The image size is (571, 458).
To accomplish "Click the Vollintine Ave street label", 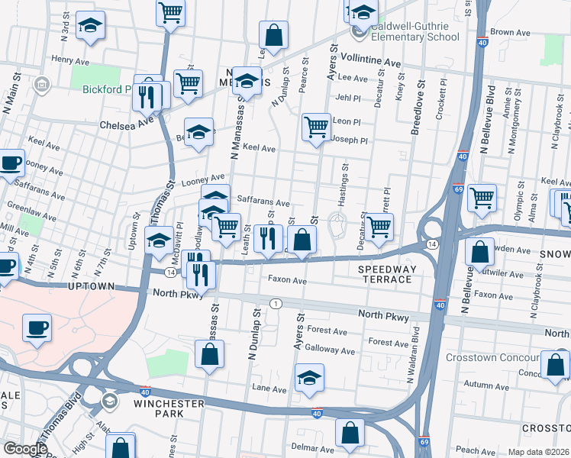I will click(x=370, y=61).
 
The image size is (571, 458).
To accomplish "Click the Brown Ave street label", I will click(x=510, y=33).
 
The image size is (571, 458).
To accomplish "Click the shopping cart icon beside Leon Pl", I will click(x=316, y=126).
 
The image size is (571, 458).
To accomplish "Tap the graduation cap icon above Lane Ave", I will click(x=309, y=377).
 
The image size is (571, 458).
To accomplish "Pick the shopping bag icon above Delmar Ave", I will click(x=350, y=432).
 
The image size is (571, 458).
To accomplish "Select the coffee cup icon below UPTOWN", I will click(x=37, y=327).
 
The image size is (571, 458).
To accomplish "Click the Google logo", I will click(x=24, y=449).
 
